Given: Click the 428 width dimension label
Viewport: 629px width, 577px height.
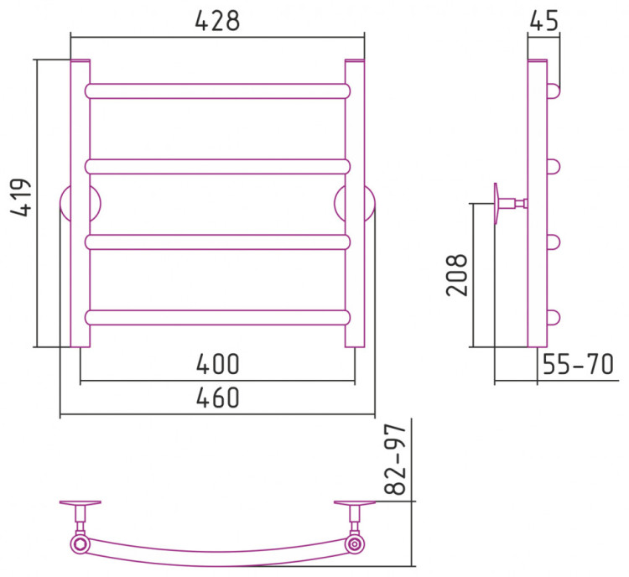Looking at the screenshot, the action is point(217,21).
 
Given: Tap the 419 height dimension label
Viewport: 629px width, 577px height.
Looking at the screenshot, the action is point(21,197).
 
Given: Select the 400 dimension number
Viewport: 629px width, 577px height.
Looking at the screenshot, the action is point(217,364).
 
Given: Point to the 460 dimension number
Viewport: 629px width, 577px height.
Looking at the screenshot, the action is point(217,398).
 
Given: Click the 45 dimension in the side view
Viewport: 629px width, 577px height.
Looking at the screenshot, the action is point(543,21).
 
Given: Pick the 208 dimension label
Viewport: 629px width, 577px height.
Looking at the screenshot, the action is point(457,275).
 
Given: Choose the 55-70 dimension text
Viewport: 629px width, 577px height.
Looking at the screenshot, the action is point(578,364).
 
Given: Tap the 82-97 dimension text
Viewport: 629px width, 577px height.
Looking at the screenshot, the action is point(396,460).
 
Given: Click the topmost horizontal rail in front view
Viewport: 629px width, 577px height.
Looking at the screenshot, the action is point(217,91).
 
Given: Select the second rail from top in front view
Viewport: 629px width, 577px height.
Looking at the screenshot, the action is point(217,167).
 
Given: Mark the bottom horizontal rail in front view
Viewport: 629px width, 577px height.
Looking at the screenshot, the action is point(217,317).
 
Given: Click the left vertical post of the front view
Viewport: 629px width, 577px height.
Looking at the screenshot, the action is point(81,203).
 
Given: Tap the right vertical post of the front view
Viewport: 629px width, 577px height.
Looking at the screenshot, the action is point(355,203).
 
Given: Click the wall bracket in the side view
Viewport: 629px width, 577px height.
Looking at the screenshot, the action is point(509,204).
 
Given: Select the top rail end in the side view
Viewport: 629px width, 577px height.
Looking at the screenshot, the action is point(554,91).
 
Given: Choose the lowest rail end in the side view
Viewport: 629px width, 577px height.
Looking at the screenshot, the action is point(554,317).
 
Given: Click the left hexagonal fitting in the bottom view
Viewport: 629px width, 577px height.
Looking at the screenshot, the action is point(81,543).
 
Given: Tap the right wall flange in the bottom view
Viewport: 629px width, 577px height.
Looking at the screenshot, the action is point(355,502).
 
